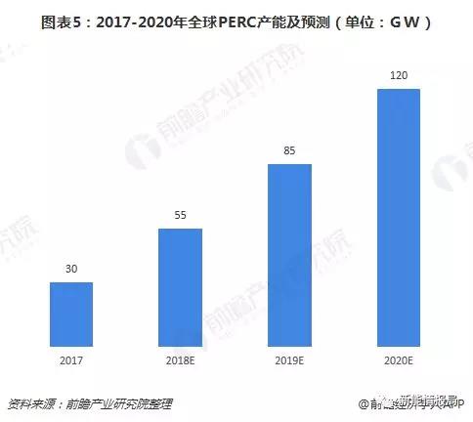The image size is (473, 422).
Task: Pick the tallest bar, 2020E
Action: point(399,217)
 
